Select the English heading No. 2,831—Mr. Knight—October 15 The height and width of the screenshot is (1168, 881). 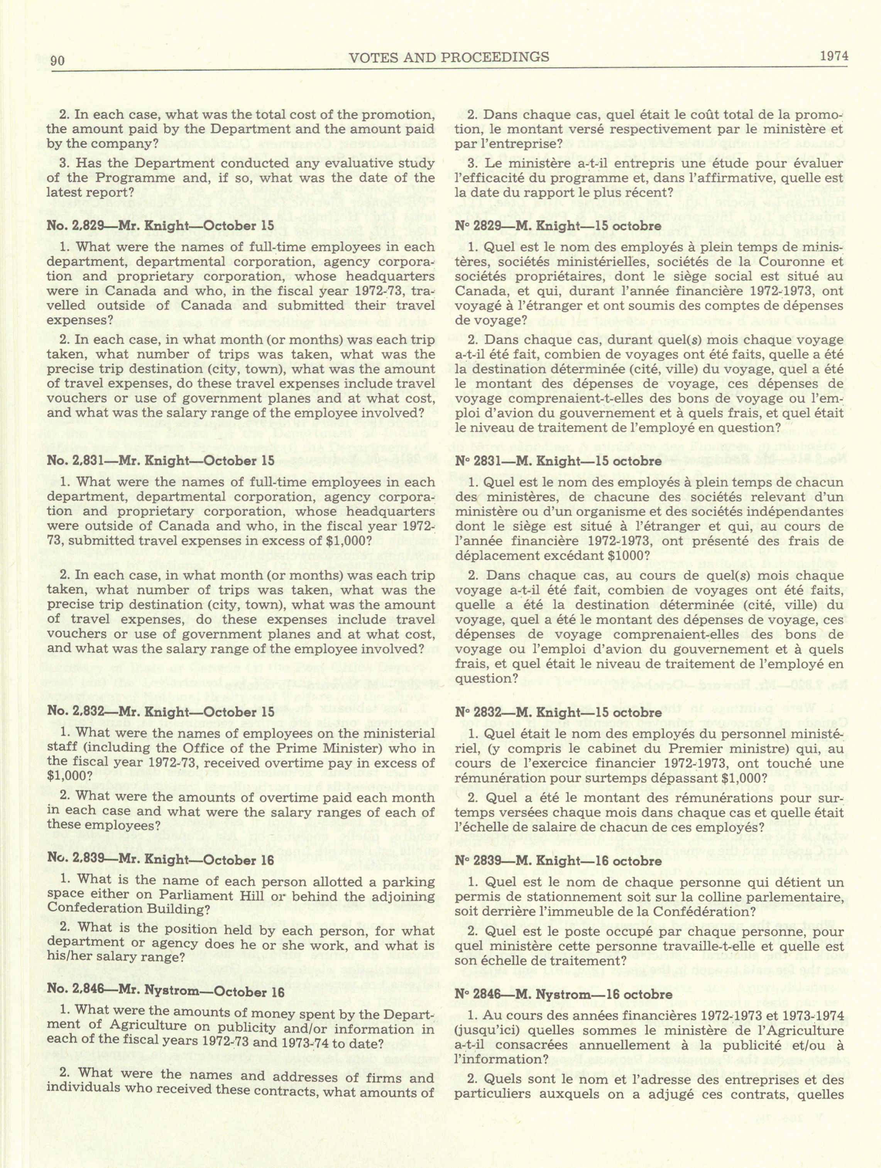click(x=161, y=460)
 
